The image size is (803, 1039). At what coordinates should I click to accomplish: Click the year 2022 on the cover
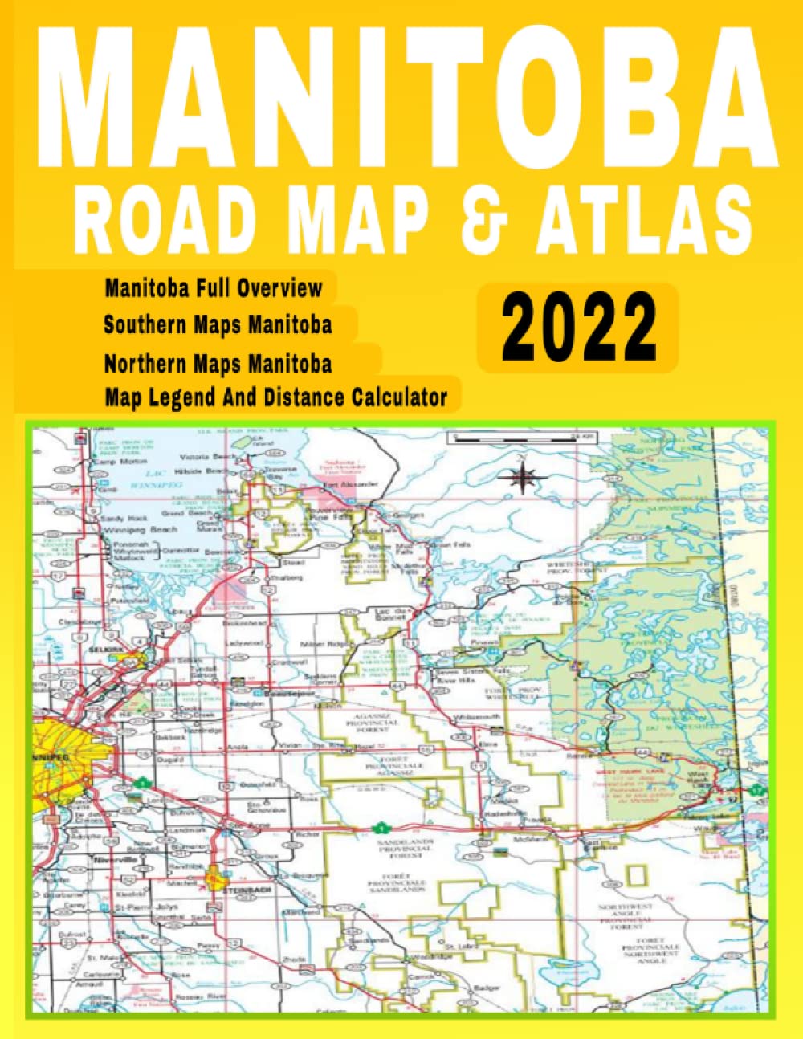[x=578, y=328]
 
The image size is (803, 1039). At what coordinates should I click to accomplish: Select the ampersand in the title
[x=488, y=218]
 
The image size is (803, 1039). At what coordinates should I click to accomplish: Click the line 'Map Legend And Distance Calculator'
[x=275, y=396]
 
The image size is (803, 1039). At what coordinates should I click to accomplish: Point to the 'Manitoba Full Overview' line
[x=214, y=287]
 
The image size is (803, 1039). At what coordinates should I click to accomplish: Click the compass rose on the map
[x=522, y=478]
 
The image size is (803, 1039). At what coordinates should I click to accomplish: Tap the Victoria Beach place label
[x=212, y=456]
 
